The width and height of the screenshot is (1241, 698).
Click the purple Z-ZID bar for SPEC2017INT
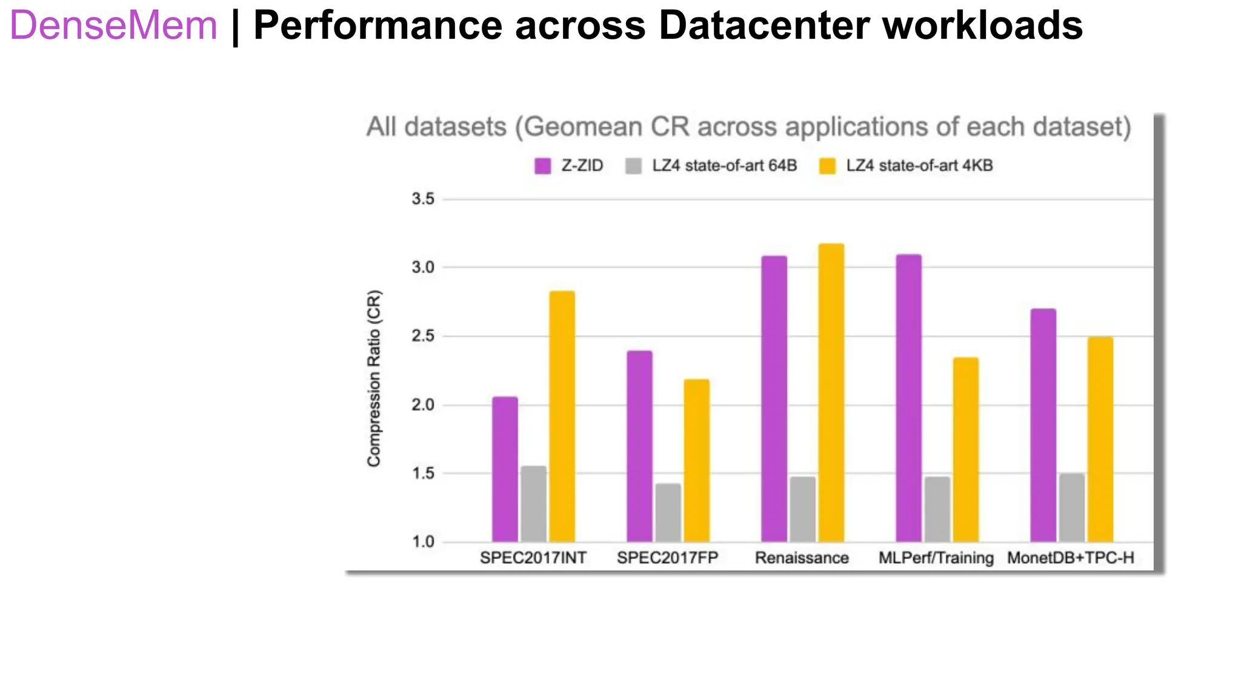coord(505,470)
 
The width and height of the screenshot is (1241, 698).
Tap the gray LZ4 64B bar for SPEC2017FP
coord(668,513)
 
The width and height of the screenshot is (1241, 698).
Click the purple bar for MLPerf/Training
coord(908,398)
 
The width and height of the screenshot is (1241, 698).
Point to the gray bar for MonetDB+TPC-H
coord(1071,508)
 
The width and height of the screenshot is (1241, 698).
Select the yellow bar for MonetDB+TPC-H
coord(1100,439)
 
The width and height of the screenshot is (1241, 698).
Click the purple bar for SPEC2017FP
coord(639,447)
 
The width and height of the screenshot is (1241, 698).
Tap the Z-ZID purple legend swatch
coord(542,166)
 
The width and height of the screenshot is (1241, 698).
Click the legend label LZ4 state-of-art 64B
coord(724,166)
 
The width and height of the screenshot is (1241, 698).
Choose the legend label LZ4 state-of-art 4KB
coord(919,166)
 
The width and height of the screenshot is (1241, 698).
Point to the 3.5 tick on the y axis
coord(423,199)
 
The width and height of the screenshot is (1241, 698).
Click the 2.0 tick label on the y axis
coord(423,405)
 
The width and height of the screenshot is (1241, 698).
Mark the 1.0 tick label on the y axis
coord(423,542)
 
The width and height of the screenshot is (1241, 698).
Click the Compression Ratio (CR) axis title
coord(374,379)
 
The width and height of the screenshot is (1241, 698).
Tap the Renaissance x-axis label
coord(801,558)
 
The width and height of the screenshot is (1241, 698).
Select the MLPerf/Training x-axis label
coord(936,558)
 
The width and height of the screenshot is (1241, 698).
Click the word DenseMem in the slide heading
coord(113,25)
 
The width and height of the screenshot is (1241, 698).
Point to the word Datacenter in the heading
coord(764,25)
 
